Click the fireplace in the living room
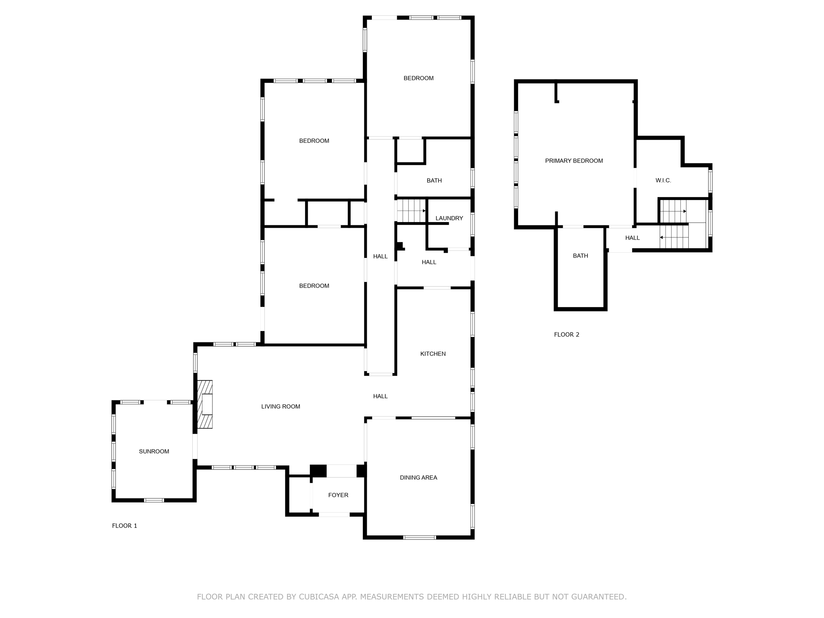pos(205,404)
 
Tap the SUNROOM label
pos(154,451)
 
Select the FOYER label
pos(338,495)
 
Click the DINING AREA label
pos(418,478)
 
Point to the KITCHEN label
pos(433,354)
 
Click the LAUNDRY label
pos(449,218)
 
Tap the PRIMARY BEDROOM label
pos(574,161)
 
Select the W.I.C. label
pos(663,181)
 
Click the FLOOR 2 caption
pos(566,334)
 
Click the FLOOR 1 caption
pos(124,525)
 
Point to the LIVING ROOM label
pos(280,406)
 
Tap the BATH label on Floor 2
pos(580,256)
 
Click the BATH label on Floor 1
pos(434,181)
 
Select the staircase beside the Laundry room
pos(411,210)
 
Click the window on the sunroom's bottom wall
pos(154,500)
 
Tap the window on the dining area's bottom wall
pos(419,537)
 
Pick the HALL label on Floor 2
pos(632,238)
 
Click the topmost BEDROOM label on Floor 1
pos(418,78)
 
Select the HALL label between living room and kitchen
pos(380,396)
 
